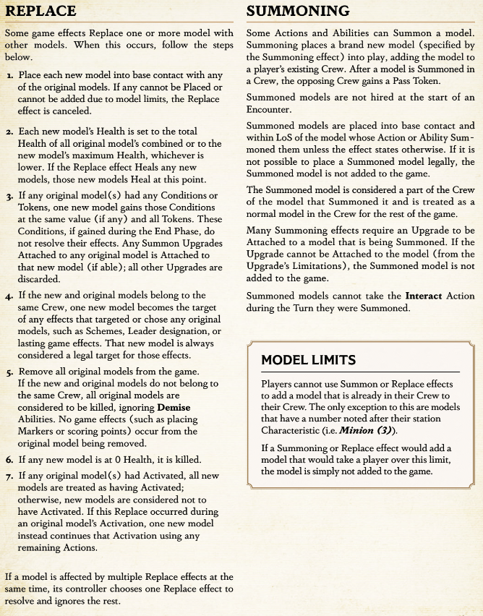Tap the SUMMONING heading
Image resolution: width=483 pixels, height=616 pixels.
point(298,11)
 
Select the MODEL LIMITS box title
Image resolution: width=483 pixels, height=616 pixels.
point(308,360)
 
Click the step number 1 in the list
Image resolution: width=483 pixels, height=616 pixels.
point(9,75)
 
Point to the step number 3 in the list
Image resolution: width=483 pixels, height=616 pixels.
point(9,196)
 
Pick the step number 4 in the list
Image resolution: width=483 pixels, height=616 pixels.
point(9,296)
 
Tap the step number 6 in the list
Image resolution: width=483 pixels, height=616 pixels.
point(9,459)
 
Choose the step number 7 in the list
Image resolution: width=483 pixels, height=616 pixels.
point(9,475)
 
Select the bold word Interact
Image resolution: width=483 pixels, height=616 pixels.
point(426,296)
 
